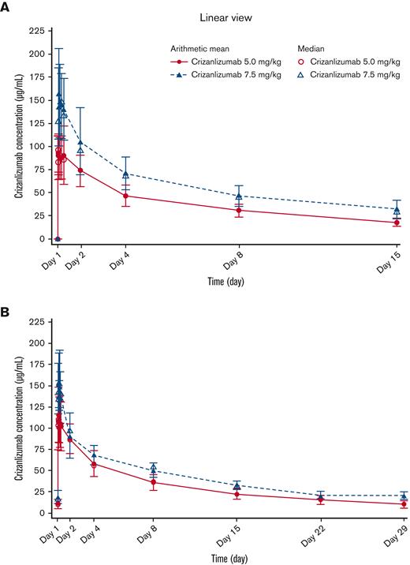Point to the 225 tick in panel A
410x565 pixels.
35,31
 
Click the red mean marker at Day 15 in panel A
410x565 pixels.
397,223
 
